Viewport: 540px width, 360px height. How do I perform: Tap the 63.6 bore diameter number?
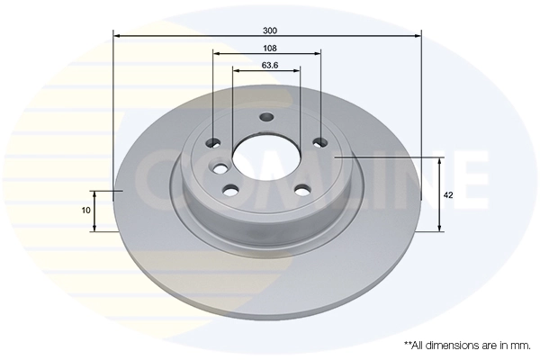267,64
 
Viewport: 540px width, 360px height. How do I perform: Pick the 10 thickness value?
85,210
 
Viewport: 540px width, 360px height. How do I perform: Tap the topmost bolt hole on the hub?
266,117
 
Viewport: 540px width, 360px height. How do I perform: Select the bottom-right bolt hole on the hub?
302,189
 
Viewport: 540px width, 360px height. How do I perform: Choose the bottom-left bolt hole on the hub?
230,189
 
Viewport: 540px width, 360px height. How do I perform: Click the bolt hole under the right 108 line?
318,141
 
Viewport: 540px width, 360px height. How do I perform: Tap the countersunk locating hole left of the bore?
220,167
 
